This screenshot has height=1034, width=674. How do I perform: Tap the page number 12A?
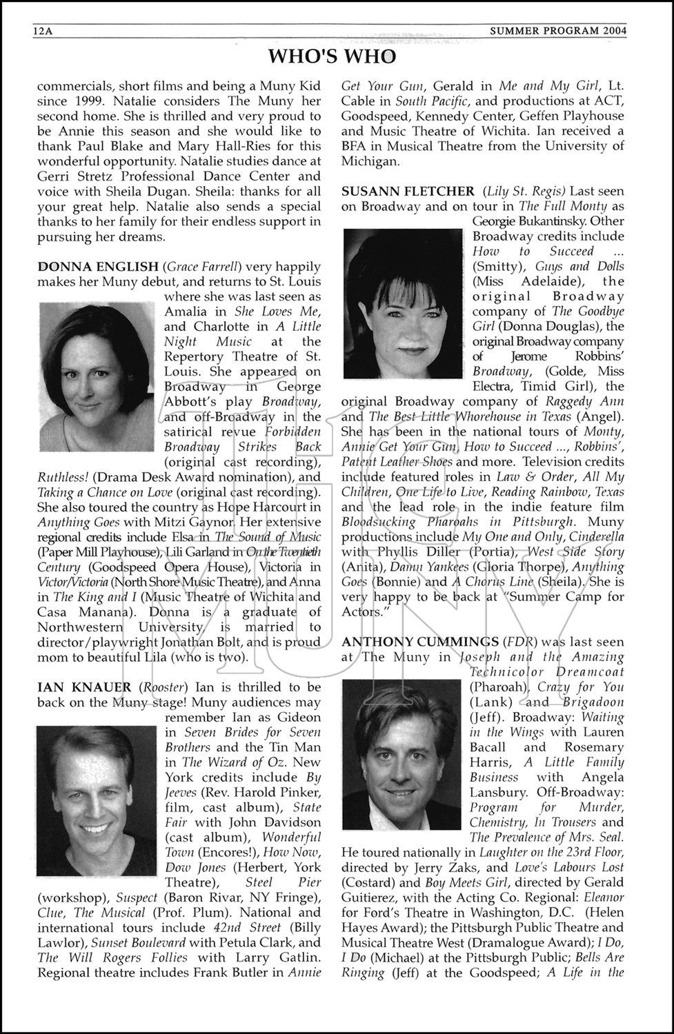44,31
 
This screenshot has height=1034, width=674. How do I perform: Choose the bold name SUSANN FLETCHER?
408,192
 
